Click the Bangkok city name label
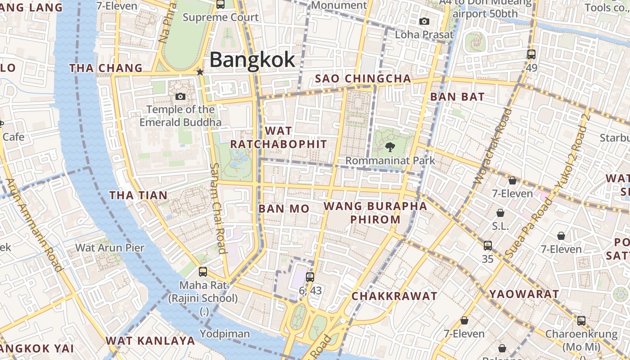[x=252, y=60]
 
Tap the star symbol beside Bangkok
[x=200, y=72]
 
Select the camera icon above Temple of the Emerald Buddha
[x=180, y=96]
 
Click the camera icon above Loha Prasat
[x=424, y=21]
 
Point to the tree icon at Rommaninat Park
[x=390, y=147]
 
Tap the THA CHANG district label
[x=106, y=68]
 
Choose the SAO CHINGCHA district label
[x=363, y=79]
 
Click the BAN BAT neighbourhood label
[x=457, y=97]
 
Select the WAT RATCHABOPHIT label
[x=279, y=137]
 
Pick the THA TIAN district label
[x=139, y=195]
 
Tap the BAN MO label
[x=284, y=209]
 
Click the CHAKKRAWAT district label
[x=394, y=296]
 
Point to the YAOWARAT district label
[x=524, y=294]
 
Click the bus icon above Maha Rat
[x=203, y=272]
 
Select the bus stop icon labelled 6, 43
[x=310, y=277]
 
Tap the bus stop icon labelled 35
[x=488, y=246]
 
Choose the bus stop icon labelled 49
[x=531, y=54]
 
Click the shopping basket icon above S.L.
[x=500, y=213]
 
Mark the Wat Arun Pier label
[x=110, y=247]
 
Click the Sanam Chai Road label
[x=218, y=208]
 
